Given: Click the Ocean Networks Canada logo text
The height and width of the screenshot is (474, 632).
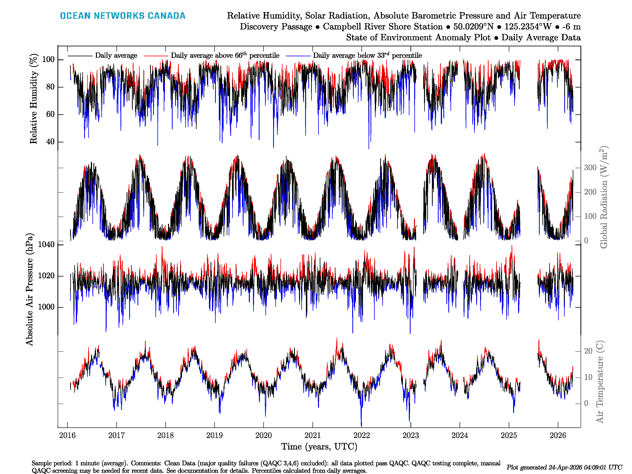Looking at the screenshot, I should click(123, 16).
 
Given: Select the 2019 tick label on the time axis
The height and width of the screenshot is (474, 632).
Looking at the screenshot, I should click(214, 435).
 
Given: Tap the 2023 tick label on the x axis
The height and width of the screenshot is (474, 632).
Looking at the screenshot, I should click(411, 435).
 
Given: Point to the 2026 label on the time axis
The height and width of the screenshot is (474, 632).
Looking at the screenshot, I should click(558, 435).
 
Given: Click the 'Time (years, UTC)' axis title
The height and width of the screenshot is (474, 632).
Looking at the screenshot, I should click(319, 447).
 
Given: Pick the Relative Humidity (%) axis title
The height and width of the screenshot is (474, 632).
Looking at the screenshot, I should click(34, 99).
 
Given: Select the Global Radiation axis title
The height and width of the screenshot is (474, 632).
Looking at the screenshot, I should click(603, 197).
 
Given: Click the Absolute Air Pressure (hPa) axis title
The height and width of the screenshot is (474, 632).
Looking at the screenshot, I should click(29, 289).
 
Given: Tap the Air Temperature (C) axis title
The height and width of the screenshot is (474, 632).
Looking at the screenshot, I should click(600, 381).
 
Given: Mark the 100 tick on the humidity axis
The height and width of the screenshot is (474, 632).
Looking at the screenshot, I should click(48, 59).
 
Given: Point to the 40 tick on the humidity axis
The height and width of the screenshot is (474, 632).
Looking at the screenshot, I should click(50, 142).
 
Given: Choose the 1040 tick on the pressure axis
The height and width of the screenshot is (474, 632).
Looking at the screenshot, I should click(46, 244).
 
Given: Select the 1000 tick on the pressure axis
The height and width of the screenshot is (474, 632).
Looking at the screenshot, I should click(46, 307).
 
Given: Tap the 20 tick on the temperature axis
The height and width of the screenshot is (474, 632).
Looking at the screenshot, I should click(588, 351).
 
